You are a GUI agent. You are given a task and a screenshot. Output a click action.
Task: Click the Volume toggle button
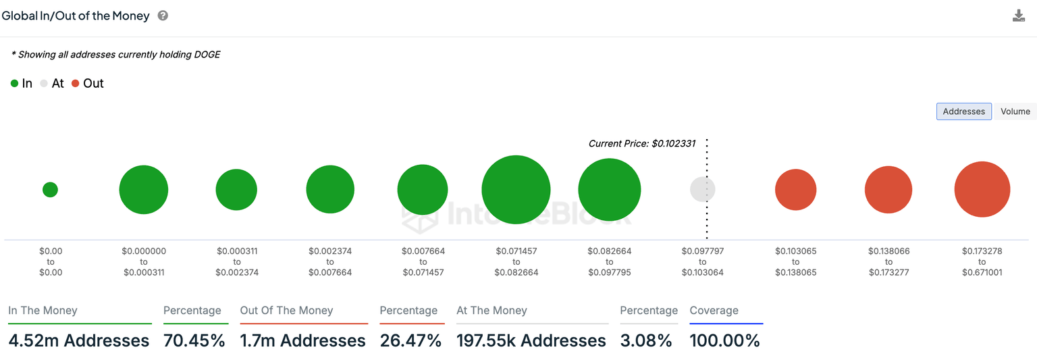(1015, 111)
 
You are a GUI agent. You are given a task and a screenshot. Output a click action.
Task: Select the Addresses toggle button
(963, 111)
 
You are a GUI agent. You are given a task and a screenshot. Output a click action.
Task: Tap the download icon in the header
(1019, 16)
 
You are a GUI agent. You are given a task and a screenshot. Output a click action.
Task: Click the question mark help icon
(163, 16)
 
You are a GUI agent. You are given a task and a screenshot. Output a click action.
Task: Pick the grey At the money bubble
(702, 190)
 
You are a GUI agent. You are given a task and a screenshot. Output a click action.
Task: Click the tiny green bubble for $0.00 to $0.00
(50, 190)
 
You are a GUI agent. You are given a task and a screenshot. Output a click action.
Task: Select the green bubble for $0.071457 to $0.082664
(516, 190)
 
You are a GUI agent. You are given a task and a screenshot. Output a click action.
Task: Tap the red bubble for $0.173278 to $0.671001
(982, 190)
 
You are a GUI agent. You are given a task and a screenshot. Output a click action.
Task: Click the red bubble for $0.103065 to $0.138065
(796, 190)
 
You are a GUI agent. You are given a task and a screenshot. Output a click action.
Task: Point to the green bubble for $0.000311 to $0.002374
(236, 190)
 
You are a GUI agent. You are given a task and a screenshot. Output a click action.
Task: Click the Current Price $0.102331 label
(641, 144)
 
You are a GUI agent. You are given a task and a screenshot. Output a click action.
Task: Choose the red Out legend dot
(76, 84)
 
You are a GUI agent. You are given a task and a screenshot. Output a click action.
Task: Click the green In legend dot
(14, 84)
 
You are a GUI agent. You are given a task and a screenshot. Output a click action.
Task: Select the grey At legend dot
(44, 84)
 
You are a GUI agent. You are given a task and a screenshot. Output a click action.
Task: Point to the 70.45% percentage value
(194, 340)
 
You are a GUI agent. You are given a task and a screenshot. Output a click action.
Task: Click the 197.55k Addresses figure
(531, 340)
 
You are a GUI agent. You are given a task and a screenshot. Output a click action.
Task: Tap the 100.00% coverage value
(724, 340)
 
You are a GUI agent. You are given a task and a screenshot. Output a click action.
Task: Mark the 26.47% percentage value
(410, 340)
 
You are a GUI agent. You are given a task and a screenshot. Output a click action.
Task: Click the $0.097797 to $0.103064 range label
(702, 261)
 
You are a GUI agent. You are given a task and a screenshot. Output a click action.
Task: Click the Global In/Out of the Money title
(76, 16)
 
